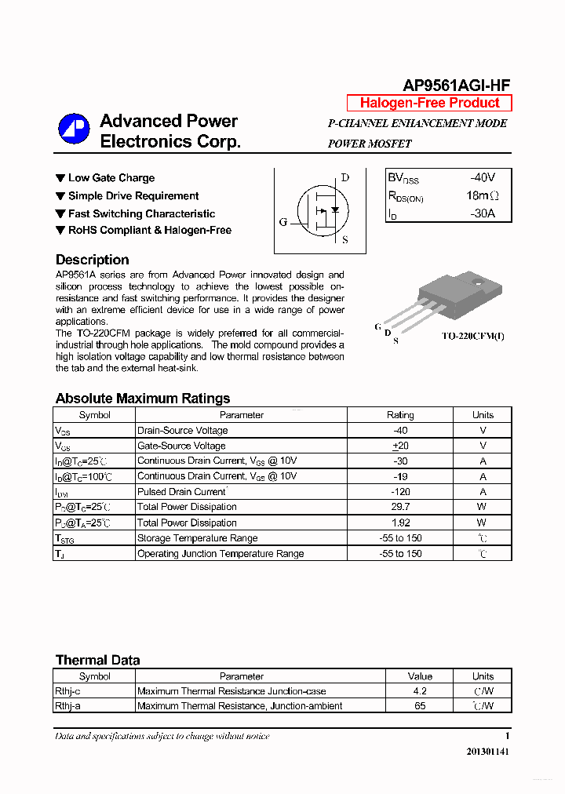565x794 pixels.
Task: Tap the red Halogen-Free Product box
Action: coord(429,103)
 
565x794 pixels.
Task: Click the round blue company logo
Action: coord(74,129)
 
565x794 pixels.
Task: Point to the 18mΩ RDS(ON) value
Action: coord(481,195)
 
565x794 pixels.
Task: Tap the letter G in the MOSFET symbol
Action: coord(283,222)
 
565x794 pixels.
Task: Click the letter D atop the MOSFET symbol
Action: coord(344,177)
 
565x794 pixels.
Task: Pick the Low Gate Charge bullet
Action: coord(105,178)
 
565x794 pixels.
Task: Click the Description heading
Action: coord(92,260)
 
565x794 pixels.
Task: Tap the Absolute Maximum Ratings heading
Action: coord(142,399)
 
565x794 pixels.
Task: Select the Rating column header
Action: coord(400,415)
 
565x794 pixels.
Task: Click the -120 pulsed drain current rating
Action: coord(400,492)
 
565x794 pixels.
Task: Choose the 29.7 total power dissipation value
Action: coord(400,507)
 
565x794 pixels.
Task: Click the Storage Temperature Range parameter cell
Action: coord(197,538)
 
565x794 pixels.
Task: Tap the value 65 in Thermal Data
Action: coord(420,706)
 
